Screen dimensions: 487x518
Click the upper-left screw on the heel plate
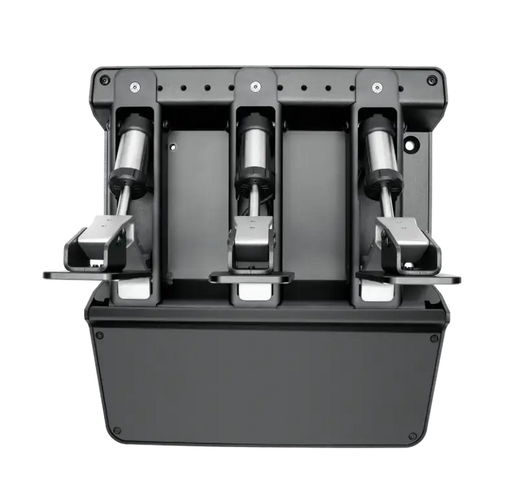[x=100, y=335]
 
